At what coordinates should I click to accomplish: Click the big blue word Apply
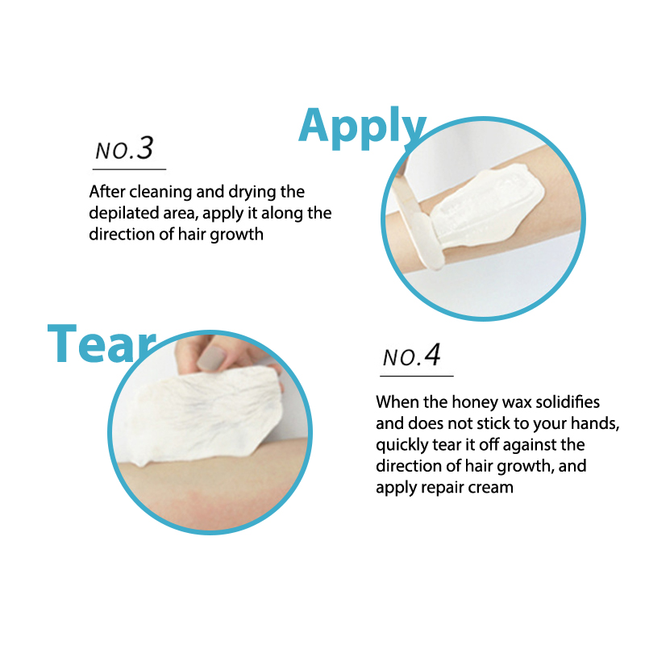tap(362, 127)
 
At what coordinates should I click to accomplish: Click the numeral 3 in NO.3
tap(145, 148)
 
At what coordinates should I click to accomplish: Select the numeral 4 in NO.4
tap(432, 355)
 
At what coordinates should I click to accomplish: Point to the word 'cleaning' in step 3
tap(160, 192)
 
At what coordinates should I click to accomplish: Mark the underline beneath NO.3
tap(129, 169)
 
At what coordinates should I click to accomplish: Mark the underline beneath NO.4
tap(416, 376)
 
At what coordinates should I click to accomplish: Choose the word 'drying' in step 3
tap(252, 192)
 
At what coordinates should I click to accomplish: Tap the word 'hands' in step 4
tap(596, 424)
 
